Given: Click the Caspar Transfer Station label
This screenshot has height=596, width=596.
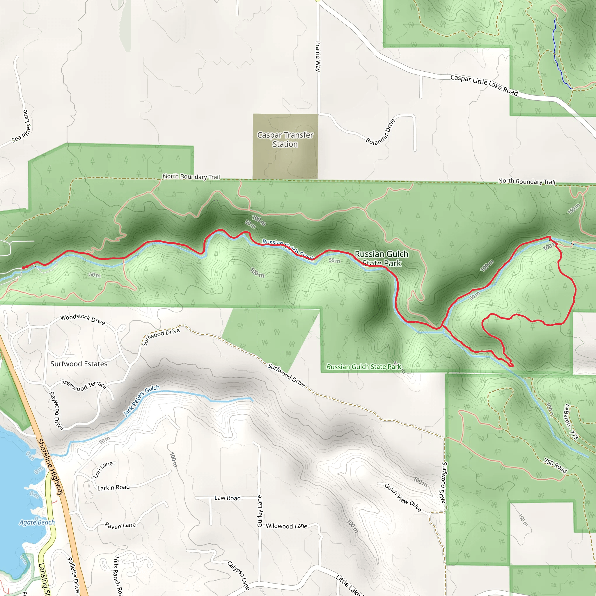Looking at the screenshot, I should (x=285, y=139).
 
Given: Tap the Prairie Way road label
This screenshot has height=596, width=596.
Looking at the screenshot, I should (x=318, y=56).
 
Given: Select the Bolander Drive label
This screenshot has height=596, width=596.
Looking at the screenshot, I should (x=380, y=132).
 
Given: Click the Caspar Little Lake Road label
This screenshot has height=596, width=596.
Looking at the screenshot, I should (x=484, y=85).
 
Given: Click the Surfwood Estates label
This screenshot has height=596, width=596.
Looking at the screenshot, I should (x=79, y=364).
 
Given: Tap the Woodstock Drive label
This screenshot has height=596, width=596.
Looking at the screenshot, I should (x=83, y=319).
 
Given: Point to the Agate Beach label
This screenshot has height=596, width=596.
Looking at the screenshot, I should (x=37, y=522).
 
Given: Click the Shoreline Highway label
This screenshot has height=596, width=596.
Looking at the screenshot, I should (x=50, y=467).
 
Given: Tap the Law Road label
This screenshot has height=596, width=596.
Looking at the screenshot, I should (x=227, y=498).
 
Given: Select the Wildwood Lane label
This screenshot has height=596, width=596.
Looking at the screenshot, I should (x=286, y=526).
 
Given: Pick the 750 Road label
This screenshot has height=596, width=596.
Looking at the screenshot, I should (x=555, y=466).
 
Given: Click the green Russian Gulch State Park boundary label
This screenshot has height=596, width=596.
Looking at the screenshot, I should (x=364, y=367).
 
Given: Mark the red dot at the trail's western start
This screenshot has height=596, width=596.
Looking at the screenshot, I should (x=24, y=267).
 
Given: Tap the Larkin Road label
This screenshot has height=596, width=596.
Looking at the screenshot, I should (x=113, y=487).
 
